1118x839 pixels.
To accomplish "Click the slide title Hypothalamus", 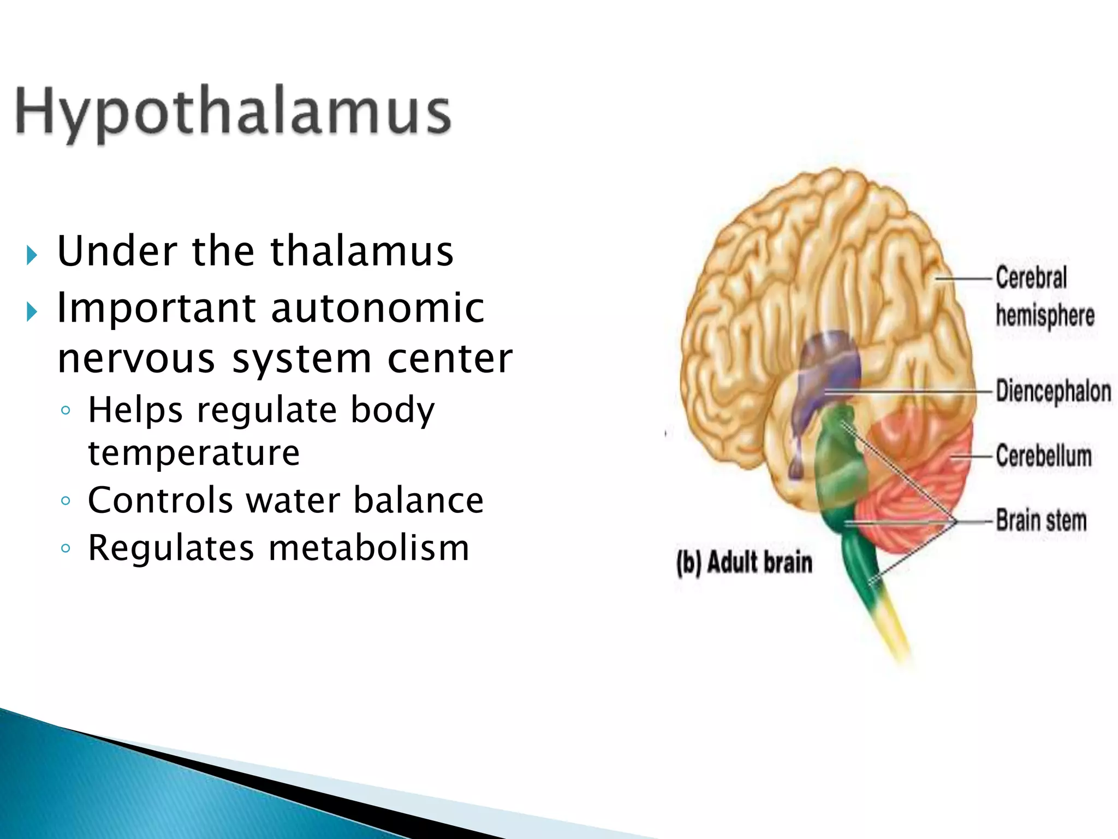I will click(234, 112).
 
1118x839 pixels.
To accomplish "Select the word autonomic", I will click(378, 308).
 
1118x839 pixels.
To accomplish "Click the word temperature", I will click(194, 453).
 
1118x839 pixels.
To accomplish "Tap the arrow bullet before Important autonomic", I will click(32, 312).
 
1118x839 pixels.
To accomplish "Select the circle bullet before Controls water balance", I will click(66, 501).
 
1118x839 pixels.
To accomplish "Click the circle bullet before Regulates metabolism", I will click(66, 548).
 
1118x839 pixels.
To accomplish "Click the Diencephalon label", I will click(1053, 391).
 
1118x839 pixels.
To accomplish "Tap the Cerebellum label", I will click(1043, 456).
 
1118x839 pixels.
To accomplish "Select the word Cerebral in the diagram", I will click(1031, 277).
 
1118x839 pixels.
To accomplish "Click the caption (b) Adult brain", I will click(744, 563).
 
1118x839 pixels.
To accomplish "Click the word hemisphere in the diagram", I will click(1045, 316).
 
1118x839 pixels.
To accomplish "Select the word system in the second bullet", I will click(301, 359).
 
